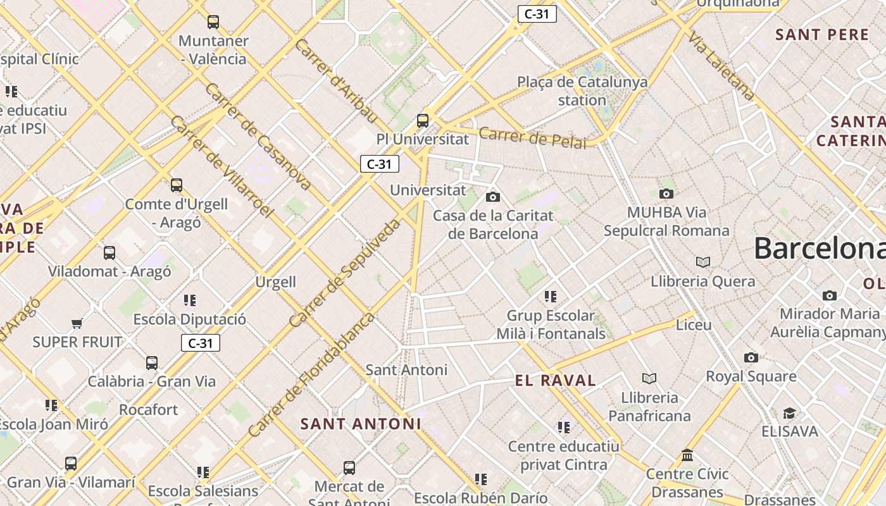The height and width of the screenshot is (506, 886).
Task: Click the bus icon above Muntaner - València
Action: pyautogui.click(x=213, y=22)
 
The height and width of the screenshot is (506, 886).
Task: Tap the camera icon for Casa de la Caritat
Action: pyautogui.click(x=493, y=197)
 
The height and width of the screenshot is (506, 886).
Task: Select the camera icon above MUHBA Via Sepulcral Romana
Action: pyautogui.click(x=666, y=194)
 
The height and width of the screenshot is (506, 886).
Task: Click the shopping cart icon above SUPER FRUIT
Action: pyautogui.click(x=77, y=324)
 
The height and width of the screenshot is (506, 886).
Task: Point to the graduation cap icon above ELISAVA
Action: pyautogui.click(x=789, y=414)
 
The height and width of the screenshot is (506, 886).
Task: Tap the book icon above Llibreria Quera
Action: pyautogui.click(x=702, y=262)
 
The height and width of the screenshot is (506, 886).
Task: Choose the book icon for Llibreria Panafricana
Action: pyautogui.click(x=649, y=379)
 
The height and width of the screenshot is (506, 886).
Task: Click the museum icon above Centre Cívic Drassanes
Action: pyautogui.click(x=687, y=455)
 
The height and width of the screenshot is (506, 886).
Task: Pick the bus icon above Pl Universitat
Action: pyautogui.click(x=423, y=120)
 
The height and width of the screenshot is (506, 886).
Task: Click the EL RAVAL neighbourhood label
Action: pyautogui.click(x=556, y=381)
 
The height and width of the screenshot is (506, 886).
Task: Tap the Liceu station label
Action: pyautogui.click(x=694, y=325)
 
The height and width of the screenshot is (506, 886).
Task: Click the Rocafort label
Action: pyautogui.click(x=149, y=410)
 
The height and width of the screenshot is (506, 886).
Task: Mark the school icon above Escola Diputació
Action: pyautogui.click(x=190, y=300)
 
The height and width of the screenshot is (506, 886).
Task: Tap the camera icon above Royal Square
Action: pyautogui.click(x=751, y=358)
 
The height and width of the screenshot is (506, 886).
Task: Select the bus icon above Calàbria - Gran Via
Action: pyautogui.click(x=152, y=363)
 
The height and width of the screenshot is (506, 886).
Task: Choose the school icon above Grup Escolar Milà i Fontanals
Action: pyautogui.click(x=551, y=297)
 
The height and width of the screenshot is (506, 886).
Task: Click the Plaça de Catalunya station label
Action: pyautogui.click(x=582, y=91)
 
